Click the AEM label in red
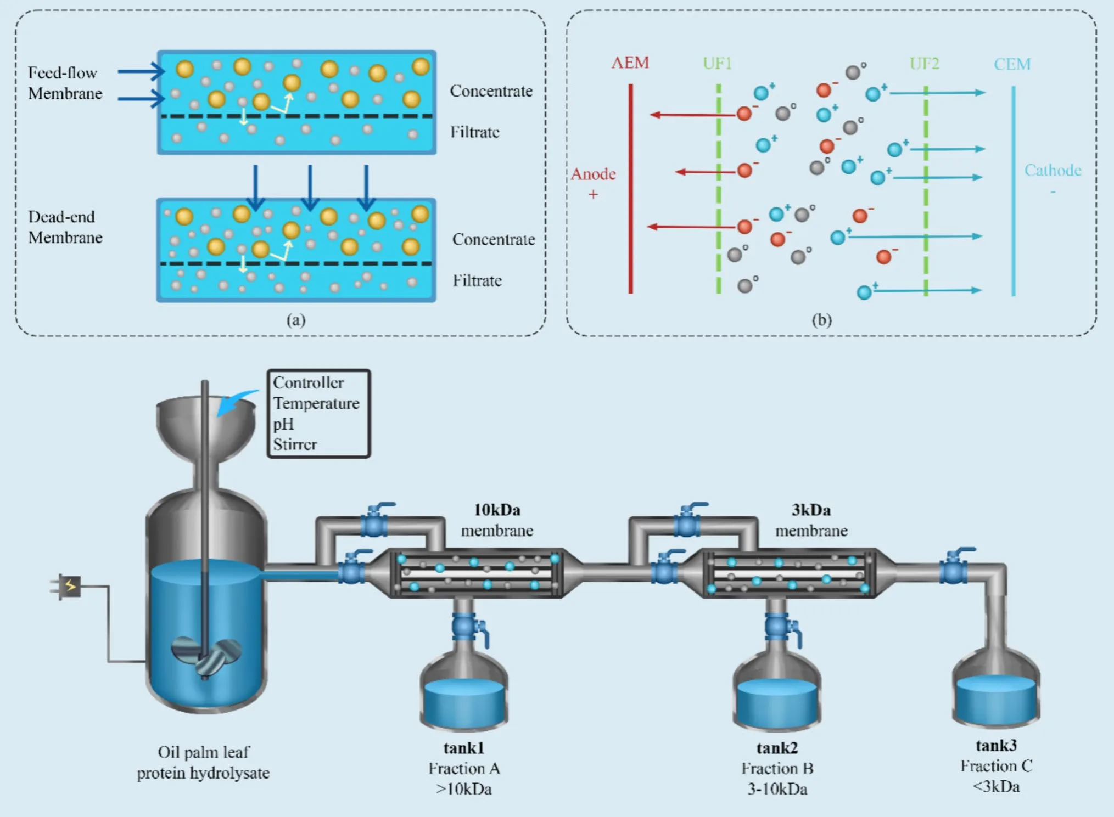[630, 63]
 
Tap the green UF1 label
[717, 64]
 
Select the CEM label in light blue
[1012, 64]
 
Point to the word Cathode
[1053, 170]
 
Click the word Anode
[593, 174]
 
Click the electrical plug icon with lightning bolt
[67, 587]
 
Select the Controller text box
[318, 413]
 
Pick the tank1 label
[463, 748]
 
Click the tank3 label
[996, 745]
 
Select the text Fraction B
[777, 768]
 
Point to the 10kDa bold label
[497, 510]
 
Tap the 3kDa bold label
[811, 510]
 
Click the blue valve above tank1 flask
[465, 627]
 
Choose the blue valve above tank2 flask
[778, 627]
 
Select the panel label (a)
[296, 320]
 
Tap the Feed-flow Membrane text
[65, 83]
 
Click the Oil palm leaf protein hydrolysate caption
[203, 762]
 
